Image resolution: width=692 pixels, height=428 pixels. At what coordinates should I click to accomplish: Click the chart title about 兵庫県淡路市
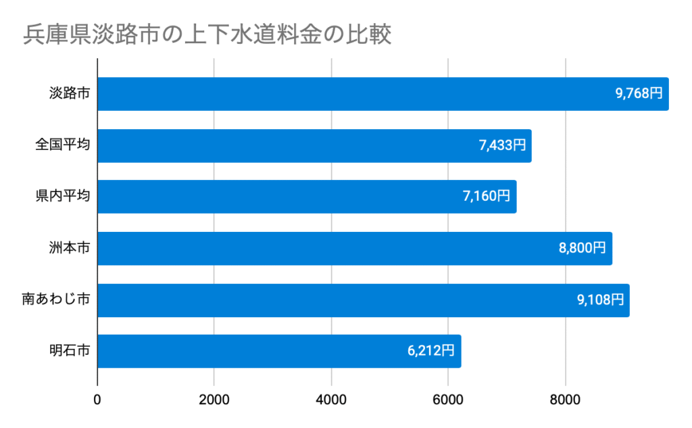pos(207,34)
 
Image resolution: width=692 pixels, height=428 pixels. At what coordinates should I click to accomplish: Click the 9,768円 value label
pos(639,94)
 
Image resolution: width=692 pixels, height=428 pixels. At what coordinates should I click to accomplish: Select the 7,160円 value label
pos(487,197)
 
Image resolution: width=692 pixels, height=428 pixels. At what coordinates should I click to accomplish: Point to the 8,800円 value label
pos(583,249)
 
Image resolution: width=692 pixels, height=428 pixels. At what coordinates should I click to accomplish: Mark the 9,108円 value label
pos(600,300)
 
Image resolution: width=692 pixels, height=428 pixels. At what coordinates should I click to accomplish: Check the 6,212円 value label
pos(431,352)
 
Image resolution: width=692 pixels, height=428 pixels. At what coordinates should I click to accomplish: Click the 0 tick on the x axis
pos(98,399)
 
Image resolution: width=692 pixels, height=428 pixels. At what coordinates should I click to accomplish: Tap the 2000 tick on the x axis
pos(214,399)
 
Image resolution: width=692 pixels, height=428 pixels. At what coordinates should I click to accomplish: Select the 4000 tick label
pos(331,399)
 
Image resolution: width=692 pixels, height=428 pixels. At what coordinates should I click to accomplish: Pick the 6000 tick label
pos(448,399)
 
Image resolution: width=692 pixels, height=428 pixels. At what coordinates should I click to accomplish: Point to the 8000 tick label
pos(565,399)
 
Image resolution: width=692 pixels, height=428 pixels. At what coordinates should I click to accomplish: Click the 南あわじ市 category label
pos(55,300)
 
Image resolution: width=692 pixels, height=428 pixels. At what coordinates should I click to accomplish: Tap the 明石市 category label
pos(70,352)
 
